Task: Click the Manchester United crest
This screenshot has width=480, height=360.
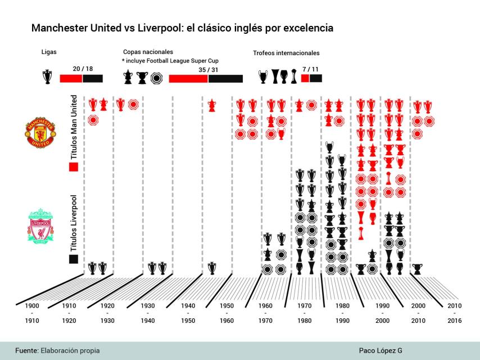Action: (40, 133)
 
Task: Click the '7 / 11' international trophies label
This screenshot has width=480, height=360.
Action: (312, 69)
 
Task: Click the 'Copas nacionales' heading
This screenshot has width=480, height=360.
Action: (148, 52)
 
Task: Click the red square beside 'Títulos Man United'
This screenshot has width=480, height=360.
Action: (73, 166)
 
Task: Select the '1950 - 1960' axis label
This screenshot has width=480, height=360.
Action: (227, 313)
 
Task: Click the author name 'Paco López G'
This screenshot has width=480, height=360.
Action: (381, 350)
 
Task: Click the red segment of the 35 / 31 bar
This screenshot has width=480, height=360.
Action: (188, 79)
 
